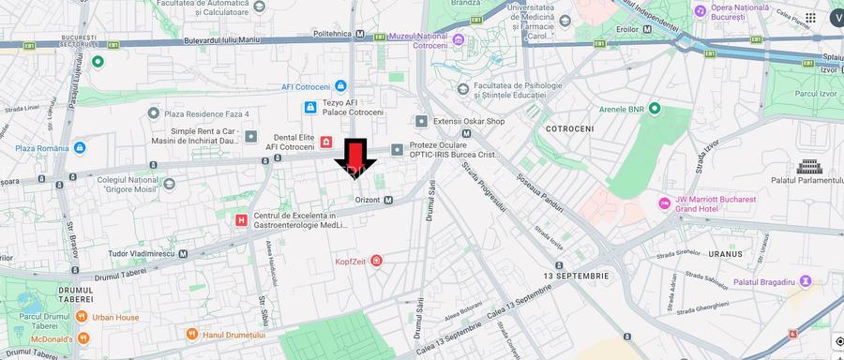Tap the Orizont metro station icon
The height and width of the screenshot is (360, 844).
[387, 200]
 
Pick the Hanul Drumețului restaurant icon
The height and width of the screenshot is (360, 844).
[192, 334]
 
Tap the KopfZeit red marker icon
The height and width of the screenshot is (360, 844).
[376, 260]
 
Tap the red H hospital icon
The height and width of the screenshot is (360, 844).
[242, 219]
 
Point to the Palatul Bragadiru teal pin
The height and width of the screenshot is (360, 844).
[805, 281]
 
